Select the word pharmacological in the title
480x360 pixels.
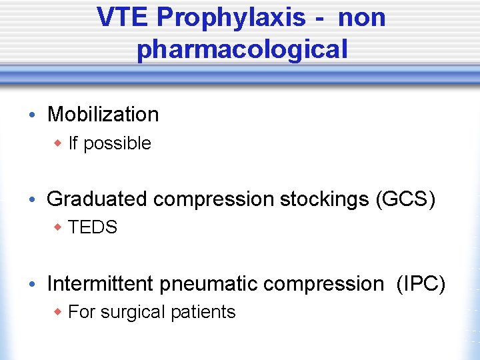[242, 49]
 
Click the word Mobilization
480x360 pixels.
[103, 115]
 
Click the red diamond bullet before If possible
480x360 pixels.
[59, 143]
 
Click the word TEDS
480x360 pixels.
[93, 228]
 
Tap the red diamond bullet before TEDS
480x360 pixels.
[59, 228]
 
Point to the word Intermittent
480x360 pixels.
[101, 283]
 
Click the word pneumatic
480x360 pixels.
[208, 284]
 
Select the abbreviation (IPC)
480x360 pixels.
[421, 283]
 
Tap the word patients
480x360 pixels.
[203, 312]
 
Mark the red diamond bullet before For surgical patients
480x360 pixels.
[59, 312]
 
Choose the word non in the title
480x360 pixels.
[361, 18]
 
